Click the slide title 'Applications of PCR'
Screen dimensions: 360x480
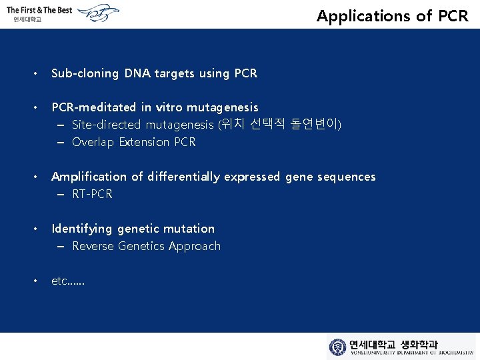393,16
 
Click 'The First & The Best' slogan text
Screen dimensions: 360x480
39,10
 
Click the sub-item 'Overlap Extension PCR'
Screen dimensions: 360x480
133,142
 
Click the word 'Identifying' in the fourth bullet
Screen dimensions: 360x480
82,229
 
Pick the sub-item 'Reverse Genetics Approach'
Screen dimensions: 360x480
146,246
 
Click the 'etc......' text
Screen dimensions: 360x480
68,281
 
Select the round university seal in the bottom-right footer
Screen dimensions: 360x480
338,347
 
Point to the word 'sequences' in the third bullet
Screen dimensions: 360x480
346,177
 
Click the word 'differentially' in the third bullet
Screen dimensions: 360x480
183,177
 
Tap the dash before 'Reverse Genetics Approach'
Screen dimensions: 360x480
61,246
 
